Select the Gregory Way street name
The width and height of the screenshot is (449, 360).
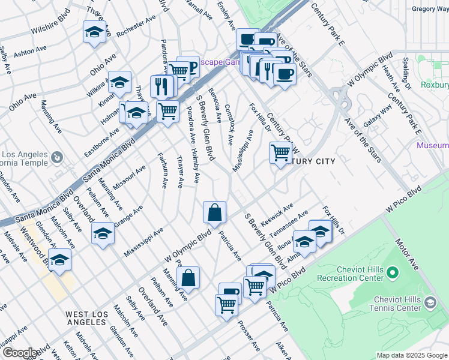click(430, 9)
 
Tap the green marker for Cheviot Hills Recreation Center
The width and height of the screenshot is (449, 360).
click(393, 274)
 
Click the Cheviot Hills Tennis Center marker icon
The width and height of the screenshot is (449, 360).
click(430, 304)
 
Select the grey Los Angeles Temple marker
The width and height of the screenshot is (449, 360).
click(56, 158)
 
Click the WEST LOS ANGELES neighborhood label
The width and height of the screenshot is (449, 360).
click(87, 318)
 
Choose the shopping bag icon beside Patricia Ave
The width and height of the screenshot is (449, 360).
click(214, 212)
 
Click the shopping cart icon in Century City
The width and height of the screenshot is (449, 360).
click(280, 153)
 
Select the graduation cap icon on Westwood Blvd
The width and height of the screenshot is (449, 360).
click(59, 260)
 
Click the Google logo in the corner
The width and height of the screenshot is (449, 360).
click(20, 353)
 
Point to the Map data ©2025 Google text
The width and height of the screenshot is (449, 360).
click(411, 355)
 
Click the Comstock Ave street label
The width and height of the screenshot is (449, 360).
click(228, 125)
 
